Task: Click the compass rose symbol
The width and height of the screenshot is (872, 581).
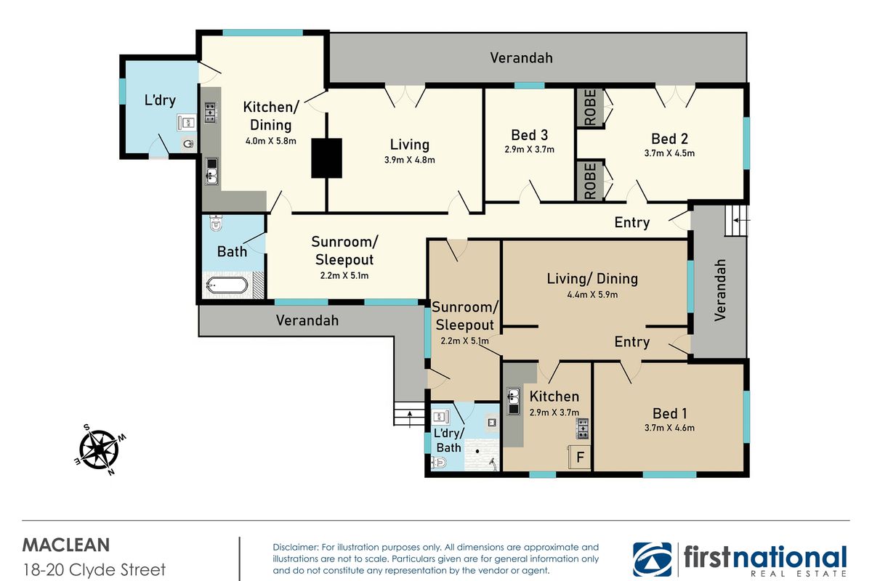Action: click(x=99, y=449)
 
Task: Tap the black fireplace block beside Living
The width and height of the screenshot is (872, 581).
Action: click(x=326, y=158)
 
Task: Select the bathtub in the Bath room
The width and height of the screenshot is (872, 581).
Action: click(x=228, y=286)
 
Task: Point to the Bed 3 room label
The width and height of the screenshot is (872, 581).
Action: click(x=529, y=135)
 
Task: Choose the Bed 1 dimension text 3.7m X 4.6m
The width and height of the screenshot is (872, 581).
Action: click(x=669, y=428)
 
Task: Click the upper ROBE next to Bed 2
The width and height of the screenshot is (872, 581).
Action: click(x=589, y=108)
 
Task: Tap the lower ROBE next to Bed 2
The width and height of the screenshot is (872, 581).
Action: click(x=589, y=181)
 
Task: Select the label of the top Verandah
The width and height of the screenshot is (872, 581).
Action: click(x=520, y=57)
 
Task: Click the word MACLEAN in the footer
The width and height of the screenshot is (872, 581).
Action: click(x=66, y=545)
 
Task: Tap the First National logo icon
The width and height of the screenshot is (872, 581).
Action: click(x=651, y=559)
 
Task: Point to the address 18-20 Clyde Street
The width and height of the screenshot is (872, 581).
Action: click(x=94, y=569)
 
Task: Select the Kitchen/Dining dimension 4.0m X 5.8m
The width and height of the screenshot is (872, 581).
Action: click(x=270, y=141)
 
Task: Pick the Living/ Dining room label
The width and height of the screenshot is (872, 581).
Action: click(x=592, y=278)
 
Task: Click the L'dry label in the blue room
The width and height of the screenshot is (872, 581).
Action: click(x=160, y=100)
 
